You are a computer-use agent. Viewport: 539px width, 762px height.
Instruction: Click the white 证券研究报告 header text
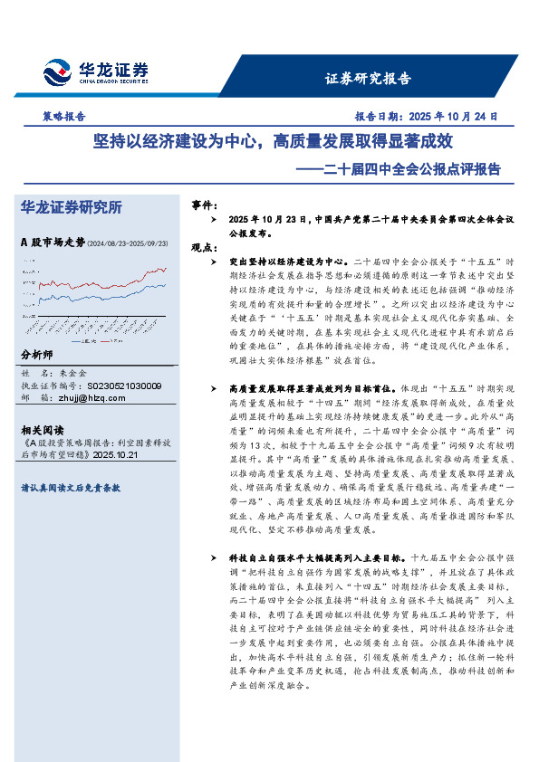pyautogui.click(x=367, y=78)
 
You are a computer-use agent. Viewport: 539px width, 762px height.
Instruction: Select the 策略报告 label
pyautogui.click(x=64, y=116)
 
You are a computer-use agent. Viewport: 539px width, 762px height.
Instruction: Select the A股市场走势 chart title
pyautogui.click(x=53, y=242)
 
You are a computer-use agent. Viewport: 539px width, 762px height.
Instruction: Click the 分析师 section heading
pyautogui.click(x=37, y=354)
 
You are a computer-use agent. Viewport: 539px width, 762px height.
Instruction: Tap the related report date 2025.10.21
pyautogui.click(x=114, y=454)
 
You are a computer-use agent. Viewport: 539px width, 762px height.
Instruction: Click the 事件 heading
pyautogui.click(x=204, y=206)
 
